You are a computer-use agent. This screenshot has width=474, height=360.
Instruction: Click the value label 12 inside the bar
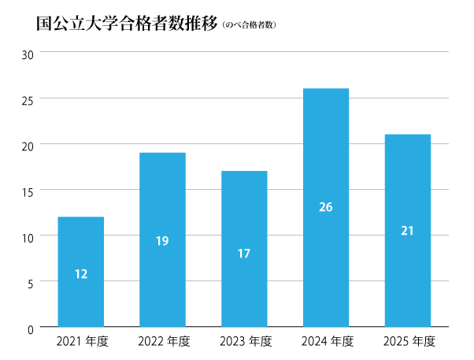[80, 274]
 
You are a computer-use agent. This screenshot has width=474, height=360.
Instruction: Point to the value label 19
[162, 241]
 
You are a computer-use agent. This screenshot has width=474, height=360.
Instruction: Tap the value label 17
[244, 254]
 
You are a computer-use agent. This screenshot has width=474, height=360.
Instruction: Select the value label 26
[326, 207]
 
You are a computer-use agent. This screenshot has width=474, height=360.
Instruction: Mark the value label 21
[407, 231]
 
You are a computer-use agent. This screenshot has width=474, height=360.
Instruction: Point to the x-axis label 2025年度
[409, 342]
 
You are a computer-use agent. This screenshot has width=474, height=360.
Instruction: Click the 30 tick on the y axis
[28, 54]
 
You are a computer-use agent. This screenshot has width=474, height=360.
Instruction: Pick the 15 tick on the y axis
[28, 191]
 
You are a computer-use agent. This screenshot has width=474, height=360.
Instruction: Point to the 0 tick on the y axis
[30, 328]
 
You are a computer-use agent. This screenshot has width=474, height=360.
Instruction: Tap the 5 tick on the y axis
[30, 282]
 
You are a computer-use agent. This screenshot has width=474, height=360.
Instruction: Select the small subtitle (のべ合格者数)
[250, 24]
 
